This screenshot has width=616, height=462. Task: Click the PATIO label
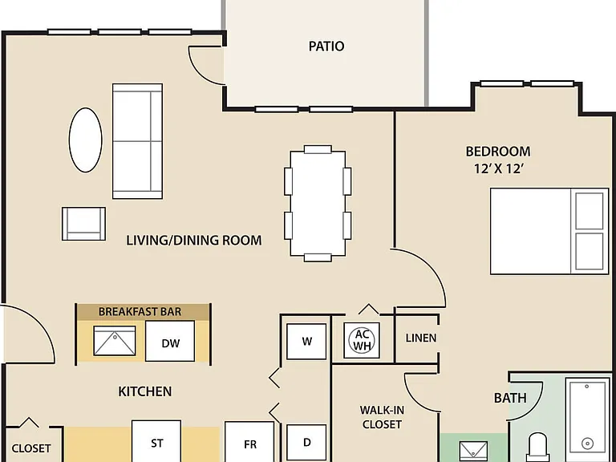[x=326, y=47]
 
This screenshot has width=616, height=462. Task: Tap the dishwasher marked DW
[x=170, y=341]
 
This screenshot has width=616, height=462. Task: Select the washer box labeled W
[x=306, y=342]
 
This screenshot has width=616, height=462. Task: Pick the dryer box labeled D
[x=306, y=443]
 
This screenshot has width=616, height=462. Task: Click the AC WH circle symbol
[x=362, y=340]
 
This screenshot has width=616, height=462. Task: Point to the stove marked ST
[x=156, y=441]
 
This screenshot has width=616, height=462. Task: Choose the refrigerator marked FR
[x=249, y=442]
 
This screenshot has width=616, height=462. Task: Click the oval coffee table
[x=86, y=140]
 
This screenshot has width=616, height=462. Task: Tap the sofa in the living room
[x=137, y=141]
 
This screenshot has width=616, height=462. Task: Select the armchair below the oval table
[x=83, y=224]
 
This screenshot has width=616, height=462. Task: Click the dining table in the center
[x=318, y=204]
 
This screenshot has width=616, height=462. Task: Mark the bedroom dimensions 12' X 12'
[x=499, y=168]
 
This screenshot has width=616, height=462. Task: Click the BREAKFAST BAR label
[x=140, y=311]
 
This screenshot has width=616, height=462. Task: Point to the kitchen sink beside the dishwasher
[x=115, y=341]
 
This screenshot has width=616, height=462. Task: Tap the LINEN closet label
[x=421, y=338]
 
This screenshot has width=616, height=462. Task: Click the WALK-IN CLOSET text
[x=382, y=417]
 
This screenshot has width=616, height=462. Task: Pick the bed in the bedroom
[x=549, y=231]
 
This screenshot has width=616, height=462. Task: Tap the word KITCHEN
[x=145, y=391]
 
